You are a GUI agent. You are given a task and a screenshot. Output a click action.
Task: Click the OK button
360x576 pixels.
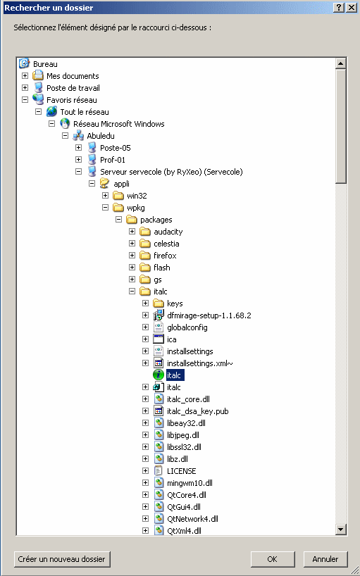[273, 559]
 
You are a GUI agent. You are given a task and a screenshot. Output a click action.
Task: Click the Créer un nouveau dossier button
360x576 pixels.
[62, 559]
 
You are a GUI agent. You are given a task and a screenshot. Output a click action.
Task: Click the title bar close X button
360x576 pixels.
[351, 8]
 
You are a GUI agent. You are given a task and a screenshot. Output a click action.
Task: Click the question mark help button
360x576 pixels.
[339, 8]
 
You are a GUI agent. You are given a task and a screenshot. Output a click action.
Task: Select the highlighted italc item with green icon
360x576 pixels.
[174, 375]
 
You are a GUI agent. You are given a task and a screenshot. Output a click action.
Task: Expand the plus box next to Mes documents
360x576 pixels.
[25, 76]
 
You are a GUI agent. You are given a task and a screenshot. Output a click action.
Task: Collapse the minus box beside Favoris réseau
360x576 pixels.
[25, 100]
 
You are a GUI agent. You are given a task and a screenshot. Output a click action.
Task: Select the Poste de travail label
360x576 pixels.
[73, 88]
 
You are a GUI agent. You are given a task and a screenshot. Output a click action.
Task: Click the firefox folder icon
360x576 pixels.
[145, 256]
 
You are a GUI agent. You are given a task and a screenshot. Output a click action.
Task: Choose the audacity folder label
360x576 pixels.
[168, 232]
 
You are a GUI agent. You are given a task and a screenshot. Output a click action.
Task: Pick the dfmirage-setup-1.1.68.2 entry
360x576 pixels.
[209, 315]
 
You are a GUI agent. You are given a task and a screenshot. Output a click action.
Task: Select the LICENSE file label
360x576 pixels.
[182, 471]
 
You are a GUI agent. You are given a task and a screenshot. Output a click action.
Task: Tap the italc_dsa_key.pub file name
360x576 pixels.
[198, 411]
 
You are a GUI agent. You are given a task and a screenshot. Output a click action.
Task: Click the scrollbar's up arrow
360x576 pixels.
[341, 63]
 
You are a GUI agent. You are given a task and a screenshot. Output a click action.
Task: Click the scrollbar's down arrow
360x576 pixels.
[341, 530]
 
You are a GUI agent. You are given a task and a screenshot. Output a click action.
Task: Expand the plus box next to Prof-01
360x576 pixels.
[79, 160]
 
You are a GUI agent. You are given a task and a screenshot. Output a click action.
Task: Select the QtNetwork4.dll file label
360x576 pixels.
[192, 519]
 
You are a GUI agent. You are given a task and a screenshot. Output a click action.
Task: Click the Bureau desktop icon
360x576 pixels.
[24, 63]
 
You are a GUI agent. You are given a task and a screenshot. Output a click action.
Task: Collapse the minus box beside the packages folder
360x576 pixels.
[118, 220]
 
